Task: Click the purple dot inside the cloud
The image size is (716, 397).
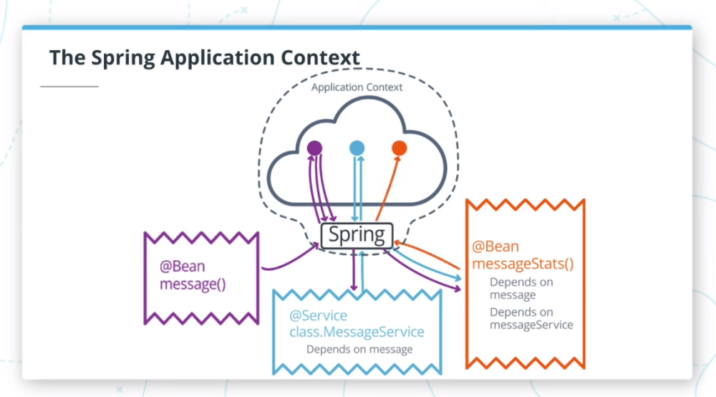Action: coord(314,148)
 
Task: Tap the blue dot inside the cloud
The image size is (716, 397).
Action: coord(357,148)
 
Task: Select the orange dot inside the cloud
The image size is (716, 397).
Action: coord(400,148)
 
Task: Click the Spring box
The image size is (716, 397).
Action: coord(357,236)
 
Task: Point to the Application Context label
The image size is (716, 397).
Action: coord(357,87)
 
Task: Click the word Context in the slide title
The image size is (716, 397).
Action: coord(320,57)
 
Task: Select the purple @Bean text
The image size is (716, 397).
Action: coord(182,267)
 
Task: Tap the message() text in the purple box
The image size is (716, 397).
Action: coord(193,284)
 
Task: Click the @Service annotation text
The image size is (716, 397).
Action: coord(319,316)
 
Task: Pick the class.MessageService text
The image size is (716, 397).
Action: coord(357,332)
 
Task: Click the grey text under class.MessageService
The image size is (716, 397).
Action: coord(359,350)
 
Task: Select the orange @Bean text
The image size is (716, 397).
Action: coord(495,247)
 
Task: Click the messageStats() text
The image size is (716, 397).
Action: coord(523,264)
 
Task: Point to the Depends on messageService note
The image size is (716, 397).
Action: coord(531,318)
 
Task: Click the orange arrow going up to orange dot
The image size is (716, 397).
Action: coord(387,188)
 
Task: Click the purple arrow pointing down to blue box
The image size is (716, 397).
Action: coord(354,270)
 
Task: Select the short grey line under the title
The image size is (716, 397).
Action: coord(69,86)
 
